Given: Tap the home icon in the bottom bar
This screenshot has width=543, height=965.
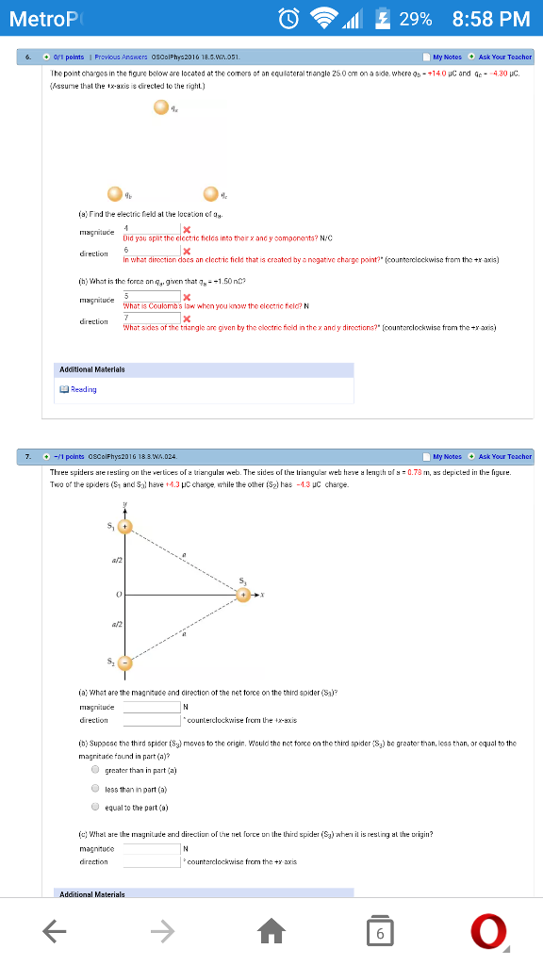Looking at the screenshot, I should [x=271, y=932].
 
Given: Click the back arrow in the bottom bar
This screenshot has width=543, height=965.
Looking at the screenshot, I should [x=54, y=932].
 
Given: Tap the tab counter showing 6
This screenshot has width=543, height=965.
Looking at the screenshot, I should [x=379, y=932].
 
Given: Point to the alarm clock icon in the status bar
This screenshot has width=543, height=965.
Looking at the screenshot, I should [x=289, y=19].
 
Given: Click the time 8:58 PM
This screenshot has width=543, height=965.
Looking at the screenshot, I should [x=490, y=19].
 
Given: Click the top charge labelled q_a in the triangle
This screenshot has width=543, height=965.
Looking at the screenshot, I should [x=161, y=110].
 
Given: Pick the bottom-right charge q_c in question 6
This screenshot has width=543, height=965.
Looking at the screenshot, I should [x=210, y=194].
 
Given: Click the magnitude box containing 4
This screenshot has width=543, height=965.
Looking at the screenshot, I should [x=151, y=229].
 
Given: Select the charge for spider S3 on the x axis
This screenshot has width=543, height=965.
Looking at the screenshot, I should [x=245, y=596].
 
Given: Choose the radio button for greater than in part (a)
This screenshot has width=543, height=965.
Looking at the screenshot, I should [x=96, y=769].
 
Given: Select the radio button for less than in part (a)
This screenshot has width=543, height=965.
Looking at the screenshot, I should [x=96, y=788].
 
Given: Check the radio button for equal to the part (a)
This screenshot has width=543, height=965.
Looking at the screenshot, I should [x=96, y=807].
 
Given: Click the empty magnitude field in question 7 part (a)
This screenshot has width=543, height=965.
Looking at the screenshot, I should [x=151, y=707].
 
